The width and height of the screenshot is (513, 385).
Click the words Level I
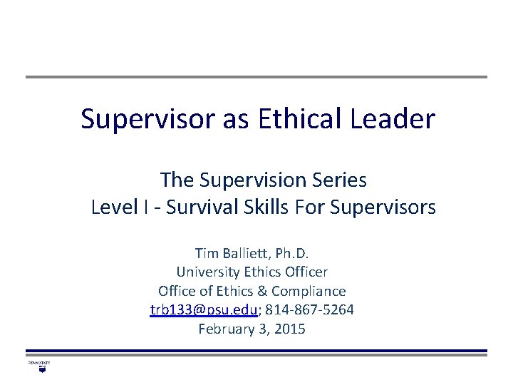pyautogui.click(x=115, y=207)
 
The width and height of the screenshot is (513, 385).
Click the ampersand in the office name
pyautogui.click(x=267, y=291)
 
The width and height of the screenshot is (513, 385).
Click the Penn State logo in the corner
pyautogui.click(x=38, y=366)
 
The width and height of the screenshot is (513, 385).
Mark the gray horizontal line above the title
pyautogui.click(x=256, y=77)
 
